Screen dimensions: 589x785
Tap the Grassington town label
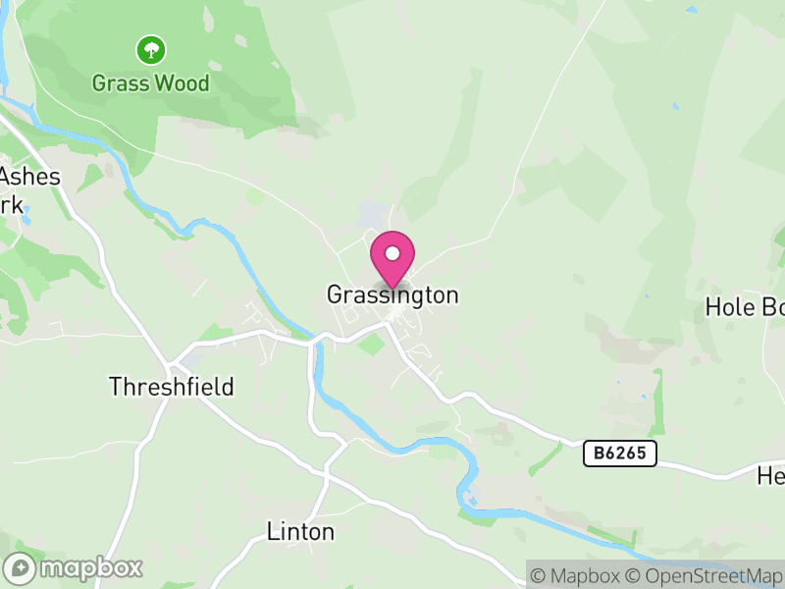point(392,294)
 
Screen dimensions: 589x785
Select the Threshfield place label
point(172,387)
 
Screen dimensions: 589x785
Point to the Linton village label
point(301,532)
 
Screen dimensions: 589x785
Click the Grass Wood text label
point(151,83)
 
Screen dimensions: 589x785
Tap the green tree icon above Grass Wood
point(151,49)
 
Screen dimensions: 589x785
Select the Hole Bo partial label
point(746,307)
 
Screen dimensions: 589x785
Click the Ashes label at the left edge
point(31,178)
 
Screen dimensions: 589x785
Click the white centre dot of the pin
point(392,253)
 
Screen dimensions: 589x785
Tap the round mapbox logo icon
point(21,567)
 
